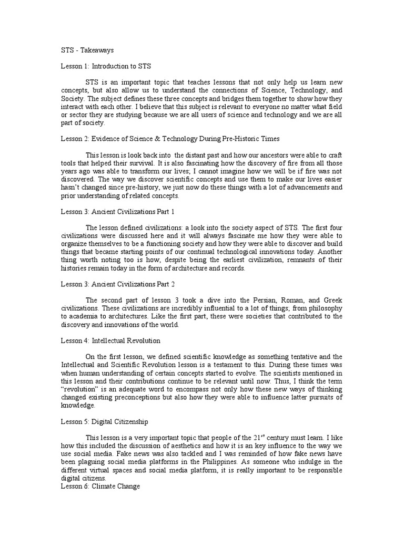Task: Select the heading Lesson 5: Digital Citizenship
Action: pyautogui.click(x=105, y=422)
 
